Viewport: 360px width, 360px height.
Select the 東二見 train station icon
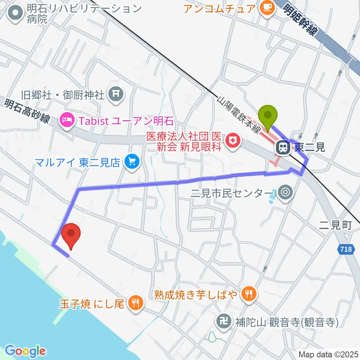283,147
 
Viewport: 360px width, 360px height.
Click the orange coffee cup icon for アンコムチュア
267,6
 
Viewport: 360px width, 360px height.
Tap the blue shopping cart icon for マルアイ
132,162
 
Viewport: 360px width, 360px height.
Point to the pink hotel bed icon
68,121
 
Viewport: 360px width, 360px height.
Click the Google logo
25,351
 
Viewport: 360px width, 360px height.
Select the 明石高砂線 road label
28,112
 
